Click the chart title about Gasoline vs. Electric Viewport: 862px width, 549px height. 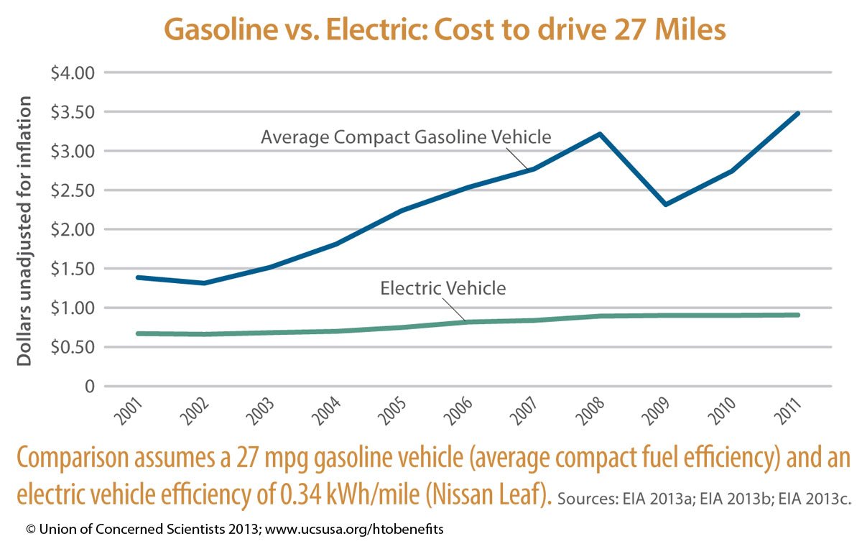tap(445, 31)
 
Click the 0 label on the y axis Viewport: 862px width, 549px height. tap(90, 387)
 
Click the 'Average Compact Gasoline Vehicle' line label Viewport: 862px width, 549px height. tap(406, 137)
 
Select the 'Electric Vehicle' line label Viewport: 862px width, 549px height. tap(443, 289)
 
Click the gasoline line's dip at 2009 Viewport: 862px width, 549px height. tap(667, 205)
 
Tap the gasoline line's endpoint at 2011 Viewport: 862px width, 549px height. tap(798, 114)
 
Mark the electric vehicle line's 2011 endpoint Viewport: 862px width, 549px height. tap(798, 315)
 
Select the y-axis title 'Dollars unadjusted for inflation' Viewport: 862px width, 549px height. tap(25, 231)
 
